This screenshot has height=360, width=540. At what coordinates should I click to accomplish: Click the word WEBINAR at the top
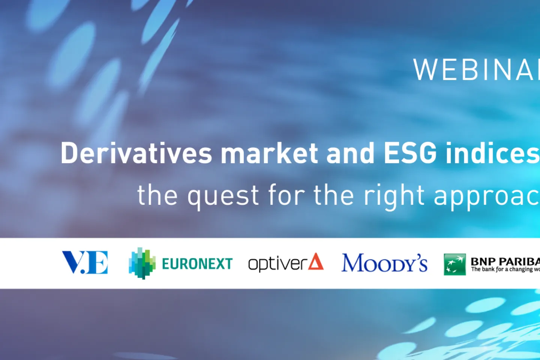point(476,70)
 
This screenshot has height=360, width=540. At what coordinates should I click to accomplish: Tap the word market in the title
point(270,153)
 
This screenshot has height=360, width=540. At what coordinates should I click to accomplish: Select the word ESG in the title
point(410,153)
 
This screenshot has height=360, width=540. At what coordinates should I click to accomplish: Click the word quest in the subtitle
point(223,196)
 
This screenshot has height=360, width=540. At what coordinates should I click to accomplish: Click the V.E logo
point(85,262)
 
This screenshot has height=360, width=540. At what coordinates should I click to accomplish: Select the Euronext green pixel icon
point(142,263)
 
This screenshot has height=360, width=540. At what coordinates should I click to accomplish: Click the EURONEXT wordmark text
point(197,264)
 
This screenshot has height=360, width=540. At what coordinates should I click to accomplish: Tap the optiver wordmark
point(277,264)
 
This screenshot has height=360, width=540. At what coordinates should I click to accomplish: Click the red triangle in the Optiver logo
point(316,262)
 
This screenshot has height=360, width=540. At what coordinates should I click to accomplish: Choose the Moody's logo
point(384,263)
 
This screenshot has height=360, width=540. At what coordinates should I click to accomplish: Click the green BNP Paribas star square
point(454,264)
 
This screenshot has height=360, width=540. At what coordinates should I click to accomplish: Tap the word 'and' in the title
point(350,153)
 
